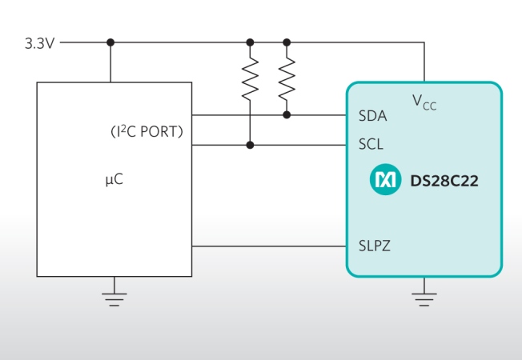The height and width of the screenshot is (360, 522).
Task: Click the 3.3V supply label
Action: click(39, 42)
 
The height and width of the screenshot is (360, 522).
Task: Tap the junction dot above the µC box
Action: click(110, 42)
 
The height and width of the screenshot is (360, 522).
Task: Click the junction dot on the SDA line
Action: click(287, 115)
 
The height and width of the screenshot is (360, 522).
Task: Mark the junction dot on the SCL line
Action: click(251, 145)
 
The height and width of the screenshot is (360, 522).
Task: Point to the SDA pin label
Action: click(372, 116)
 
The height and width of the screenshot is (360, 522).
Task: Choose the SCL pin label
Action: click(371, 146)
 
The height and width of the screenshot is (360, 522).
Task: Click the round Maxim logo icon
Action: click(385, 181)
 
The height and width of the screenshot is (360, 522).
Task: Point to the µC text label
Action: click(114, 180)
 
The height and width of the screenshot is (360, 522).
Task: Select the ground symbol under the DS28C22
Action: click(424, 298)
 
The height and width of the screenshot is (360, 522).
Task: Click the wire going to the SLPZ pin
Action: click(268, 246)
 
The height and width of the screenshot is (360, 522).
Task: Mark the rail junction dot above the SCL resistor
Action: click(251, 42)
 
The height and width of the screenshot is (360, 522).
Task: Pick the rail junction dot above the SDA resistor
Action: click(287, 42)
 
